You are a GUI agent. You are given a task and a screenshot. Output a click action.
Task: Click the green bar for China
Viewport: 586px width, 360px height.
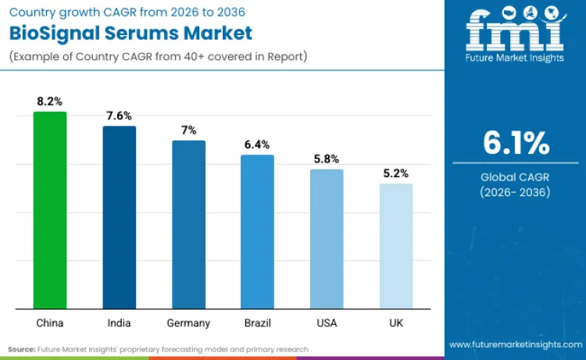[49, 210]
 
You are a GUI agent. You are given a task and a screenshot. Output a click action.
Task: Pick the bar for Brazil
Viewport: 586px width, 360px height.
[257, 232]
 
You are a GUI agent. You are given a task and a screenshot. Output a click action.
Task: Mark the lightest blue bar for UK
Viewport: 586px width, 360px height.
[396, 246]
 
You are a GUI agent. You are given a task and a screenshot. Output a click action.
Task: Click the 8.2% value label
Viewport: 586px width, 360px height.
[49, 102]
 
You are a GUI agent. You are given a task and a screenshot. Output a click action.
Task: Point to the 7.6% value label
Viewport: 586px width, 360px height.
[119, 116]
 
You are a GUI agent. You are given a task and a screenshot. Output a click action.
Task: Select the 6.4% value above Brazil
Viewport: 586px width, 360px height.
[257, 144]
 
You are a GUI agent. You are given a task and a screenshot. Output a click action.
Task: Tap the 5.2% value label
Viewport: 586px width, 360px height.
[396, 173]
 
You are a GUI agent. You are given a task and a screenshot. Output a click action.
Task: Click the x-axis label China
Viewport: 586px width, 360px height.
[49, 323]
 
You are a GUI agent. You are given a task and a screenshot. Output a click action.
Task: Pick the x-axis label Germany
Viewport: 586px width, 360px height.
[188, 323]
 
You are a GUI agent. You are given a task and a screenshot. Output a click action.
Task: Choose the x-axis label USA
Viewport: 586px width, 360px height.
[327, 323]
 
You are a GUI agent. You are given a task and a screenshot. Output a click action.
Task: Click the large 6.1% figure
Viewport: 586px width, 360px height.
[515, 143]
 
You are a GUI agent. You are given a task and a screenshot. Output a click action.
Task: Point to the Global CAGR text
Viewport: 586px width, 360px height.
[515, 177]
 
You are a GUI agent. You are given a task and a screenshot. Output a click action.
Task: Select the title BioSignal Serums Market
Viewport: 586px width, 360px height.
[131, 34]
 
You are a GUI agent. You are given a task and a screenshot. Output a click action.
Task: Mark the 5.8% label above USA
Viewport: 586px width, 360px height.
[327, 159]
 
